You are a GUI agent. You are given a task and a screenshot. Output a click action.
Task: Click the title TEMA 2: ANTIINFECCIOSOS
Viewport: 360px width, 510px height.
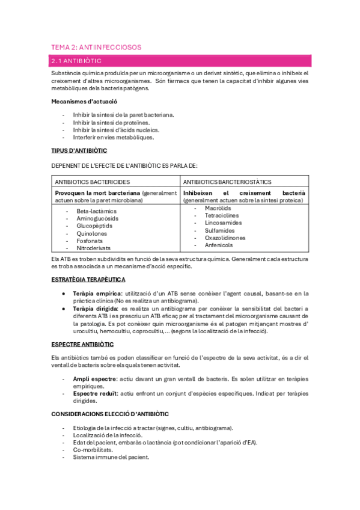pos(96,47)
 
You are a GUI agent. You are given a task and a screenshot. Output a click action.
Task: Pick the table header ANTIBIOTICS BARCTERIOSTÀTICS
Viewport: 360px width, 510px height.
pos(227,182)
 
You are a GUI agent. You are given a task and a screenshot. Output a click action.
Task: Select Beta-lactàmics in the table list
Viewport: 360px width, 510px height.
pos(97,211)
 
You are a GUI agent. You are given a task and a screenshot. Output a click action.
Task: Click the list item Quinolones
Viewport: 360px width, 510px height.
pos(92,233)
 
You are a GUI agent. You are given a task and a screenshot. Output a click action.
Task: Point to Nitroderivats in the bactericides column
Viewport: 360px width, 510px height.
pos(94,247)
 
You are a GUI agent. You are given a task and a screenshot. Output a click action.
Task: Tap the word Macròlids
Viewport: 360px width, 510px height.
pos(218,208)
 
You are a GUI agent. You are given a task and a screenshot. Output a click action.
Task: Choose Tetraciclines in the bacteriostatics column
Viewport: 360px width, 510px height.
pos(221,215)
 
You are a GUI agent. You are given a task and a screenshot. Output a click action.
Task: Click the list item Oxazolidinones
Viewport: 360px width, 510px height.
pos(225,238)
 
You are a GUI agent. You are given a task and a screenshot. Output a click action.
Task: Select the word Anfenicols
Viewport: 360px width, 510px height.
pos(219,245)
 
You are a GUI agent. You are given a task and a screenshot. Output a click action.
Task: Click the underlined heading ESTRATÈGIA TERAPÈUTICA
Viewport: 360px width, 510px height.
pos(88,280)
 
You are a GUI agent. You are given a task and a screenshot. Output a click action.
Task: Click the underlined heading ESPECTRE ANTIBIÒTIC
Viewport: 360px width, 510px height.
pos(82,345)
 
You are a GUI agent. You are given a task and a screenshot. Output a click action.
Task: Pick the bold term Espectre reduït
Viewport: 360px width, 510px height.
pos(95,393)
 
